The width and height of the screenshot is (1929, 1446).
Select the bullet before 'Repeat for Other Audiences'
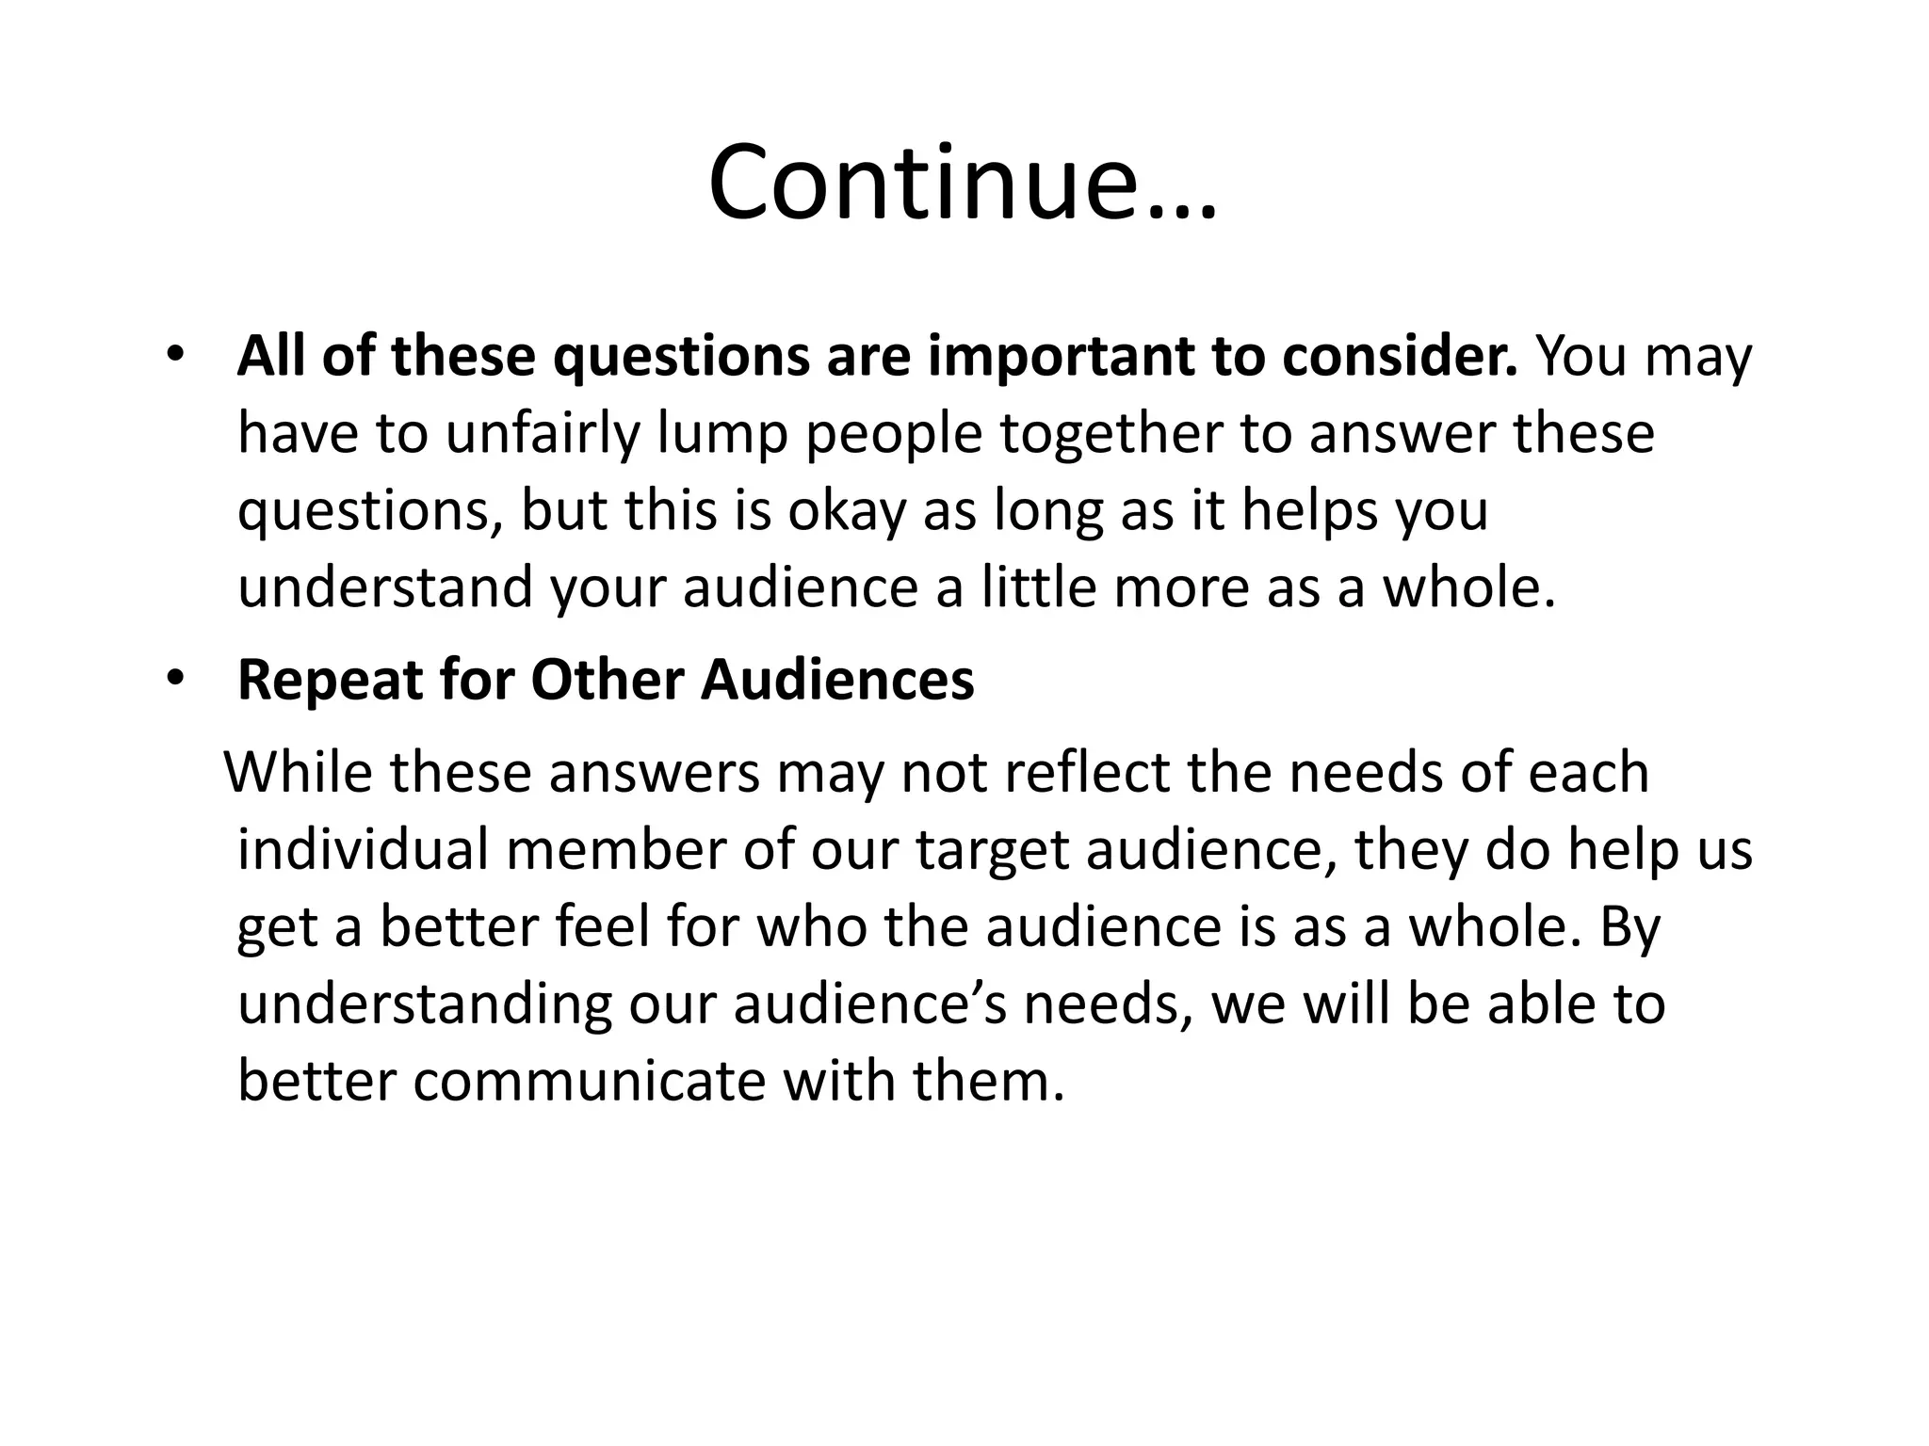pos(174,679)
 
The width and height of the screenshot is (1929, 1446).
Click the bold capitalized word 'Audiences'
pos(837,680)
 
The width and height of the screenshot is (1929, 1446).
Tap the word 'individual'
pos(363,850)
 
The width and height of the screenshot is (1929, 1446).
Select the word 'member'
pos(616,850)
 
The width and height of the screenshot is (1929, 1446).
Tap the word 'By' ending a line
pos(1629,928)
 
